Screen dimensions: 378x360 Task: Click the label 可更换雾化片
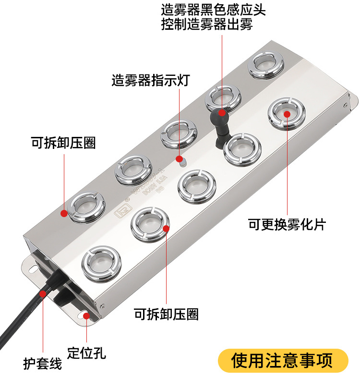pyautogui.click(x=287, y=224)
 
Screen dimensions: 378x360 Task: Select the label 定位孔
pyautogui.click(x=86, y=353)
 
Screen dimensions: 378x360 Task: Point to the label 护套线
pyautogui.click(x=43, y=363)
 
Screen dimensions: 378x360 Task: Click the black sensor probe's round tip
pyautogui.click(x=221, y=113)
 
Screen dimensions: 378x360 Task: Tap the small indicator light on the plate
pyautogui.click(x=180, y=159)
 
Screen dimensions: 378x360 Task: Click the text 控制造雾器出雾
pyautogui.click(x=207, y=24)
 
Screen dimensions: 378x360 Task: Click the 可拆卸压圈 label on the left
pyautogui.click(x=63, y=143)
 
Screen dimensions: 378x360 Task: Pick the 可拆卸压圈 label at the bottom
pyautogui.click(x=166, y=314)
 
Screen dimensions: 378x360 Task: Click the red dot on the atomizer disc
pyautogui.click(x=287, y=113)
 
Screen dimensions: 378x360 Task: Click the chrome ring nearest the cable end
pyautogui.click(x=102, y=263)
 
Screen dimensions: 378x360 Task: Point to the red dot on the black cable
pyautogui.click(x=43, y=293)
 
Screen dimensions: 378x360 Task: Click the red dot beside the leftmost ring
pyautogui.click(x=63, y=213)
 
